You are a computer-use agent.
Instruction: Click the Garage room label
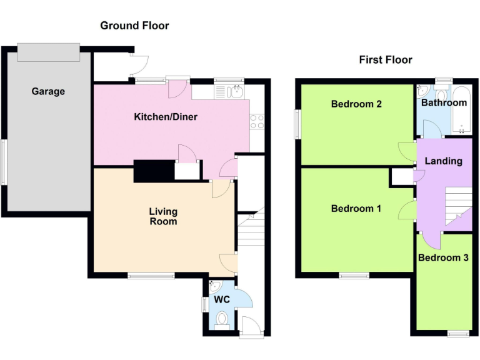coord(48,91)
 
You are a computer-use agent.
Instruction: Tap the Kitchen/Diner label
coord(166,117)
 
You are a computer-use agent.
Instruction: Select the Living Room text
coord(162,216)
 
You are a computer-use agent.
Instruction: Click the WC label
coord(222,300)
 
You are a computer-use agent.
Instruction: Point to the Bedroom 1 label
coord(356,208)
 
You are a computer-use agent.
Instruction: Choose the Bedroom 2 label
coord(356,104)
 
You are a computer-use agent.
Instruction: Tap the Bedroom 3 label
coord(443,257)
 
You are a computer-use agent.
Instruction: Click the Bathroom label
coord(444,102)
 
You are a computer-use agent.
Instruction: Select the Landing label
coord(443,161)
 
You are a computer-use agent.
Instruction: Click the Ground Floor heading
coord(134,26)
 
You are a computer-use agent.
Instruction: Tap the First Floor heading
coord(385,60)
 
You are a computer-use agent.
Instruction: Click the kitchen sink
coord(229,92)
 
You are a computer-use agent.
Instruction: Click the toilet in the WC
coord(221,321)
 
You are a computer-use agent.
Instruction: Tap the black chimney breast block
coord(153,171)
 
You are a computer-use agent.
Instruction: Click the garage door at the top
coord(48,52)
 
